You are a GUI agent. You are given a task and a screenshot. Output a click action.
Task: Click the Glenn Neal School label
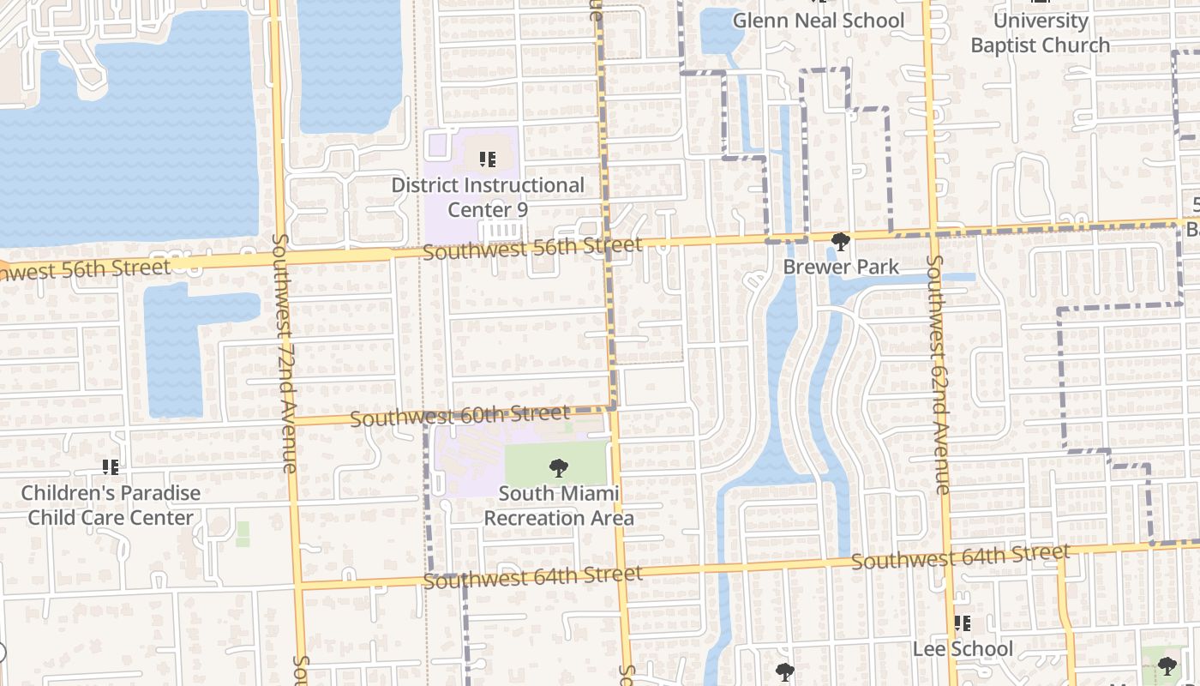coord(819,21)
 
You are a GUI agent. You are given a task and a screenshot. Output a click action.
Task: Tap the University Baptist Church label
coord(1040,33)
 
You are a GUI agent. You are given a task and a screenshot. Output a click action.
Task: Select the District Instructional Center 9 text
coord(488,197)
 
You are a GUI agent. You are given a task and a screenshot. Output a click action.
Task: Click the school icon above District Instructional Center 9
coord(488,159)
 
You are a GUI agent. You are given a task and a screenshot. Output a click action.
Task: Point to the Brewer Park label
coord(841,268)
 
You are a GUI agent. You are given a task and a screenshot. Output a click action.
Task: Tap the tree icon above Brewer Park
coord(841,243)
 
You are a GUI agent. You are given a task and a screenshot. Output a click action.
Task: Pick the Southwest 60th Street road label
coord(459,417)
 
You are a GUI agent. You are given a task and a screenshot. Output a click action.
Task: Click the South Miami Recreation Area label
coord(559,506)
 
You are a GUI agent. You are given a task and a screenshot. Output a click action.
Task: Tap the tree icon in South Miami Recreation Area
coord(559,467)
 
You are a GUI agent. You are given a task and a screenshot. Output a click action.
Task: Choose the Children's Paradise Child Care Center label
coord(111,505)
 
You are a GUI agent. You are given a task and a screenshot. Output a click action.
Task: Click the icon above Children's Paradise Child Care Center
coord(111,467)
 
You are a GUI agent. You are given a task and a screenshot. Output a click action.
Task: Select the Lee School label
coord(963,649)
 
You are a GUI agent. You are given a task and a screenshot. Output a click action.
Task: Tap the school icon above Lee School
coord(963,623)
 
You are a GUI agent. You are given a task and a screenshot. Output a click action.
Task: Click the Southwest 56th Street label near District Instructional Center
coord(531,250)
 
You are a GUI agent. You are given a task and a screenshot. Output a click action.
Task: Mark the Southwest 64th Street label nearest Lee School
coord(960,557)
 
